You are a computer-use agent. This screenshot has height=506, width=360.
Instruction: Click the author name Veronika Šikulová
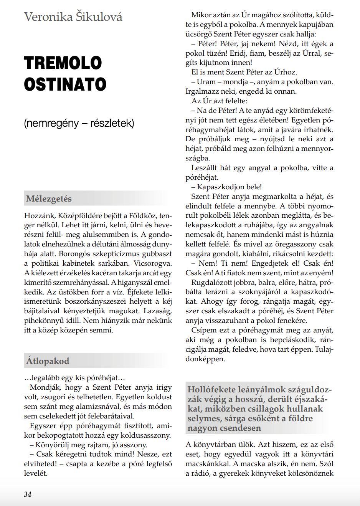(73, 17)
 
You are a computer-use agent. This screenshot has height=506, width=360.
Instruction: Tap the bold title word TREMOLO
(63, 63)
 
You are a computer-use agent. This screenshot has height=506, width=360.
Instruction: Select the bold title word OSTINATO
(65, 84)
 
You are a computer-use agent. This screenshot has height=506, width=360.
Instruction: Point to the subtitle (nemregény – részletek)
(79, 123)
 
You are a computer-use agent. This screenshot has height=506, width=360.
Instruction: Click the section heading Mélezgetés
(49, 199)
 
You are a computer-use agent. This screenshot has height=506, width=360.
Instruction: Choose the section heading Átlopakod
(48, 361)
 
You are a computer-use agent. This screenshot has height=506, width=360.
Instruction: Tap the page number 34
(28, 494)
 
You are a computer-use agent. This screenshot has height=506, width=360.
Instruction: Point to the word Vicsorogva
(153, 263)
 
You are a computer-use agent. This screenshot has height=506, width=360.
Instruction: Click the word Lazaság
(158, 311)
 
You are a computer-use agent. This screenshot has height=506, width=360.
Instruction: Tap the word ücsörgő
(198, 34)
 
